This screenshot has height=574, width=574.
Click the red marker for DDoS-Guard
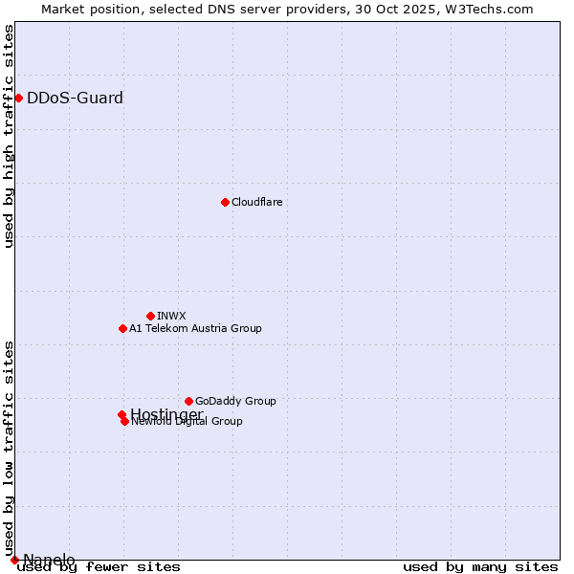tap(18, 98)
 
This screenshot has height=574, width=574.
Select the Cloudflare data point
tap(225, 202)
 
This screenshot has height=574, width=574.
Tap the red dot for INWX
tap(150, 316)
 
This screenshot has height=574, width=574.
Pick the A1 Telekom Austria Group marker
tap(122, 328)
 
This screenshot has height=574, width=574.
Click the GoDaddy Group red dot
tap(188, 401)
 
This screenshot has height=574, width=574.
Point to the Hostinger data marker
tap(121, 414)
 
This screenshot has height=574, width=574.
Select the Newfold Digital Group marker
tap(124, 421)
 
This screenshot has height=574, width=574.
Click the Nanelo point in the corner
tap(14, 560)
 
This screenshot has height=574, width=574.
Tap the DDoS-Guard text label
tap(75, 98)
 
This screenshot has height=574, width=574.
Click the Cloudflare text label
tap(256, 202)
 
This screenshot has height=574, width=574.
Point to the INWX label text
tap(171, 316)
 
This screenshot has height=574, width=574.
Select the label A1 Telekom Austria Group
tap(195, 328)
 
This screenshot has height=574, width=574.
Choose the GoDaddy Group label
tap(235, 401)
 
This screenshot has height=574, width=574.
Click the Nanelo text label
tap(49, 560)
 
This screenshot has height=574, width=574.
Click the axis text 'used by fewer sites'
tap(99, 567)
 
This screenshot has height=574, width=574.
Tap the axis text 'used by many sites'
tap(480, 567)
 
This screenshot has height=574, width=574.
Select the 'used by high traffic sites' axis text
tap(10, 136)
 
